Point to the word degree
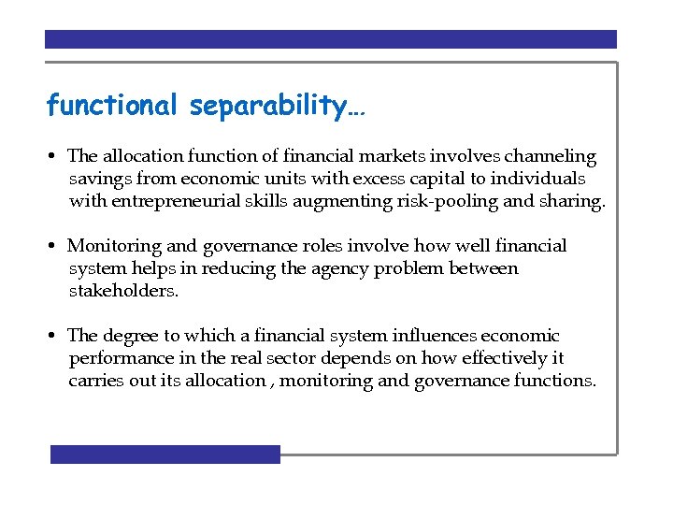(x=132, y=336)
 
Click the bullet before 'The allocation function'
(x=56, y=157)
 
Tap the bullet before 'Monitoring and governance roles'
(x=56, y=247)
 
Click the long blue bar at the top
(x=331, y=39)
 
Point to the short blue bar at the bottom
(x=165, y=454)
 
